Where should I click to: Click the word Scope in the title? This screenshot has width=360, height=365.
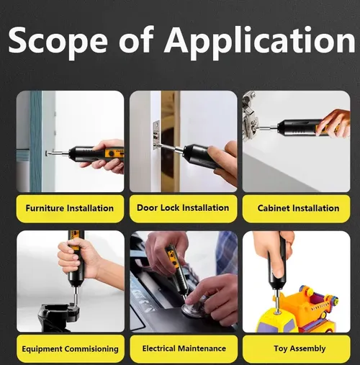[58, 40]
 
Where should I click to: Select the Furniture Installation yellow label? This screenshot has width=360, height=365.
[70, 208]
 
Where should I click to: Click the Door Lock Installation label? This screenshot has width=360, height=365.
[183, 208]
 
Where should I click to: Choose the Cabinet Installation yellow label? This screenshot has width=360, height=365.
[296, 208]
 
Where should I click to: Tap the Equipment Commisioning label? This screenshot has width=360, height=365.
[71, 348]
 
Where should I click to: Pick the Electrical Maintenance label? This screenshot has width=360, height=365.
[184, 348]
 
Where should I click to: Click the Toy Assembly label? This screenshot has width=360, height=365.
[297, 348]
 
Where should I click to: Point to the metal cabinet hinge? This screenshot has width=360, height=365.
[250, 117]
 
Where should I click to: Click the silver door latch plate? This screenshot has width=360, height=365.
[156, 135]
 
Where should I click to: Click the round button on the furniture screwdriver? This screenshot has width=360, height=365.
[112, 153]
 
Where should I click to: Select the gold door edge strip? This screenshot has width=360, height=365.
[170, 141]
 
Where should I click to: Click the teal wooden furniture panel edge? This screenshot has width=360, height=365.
[36, 141]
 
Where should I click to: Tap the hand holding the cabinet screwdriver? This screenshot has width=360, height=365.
[334, 123]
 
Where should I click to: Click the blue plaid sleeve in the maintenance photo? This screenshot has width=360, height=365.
[227, 254]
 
